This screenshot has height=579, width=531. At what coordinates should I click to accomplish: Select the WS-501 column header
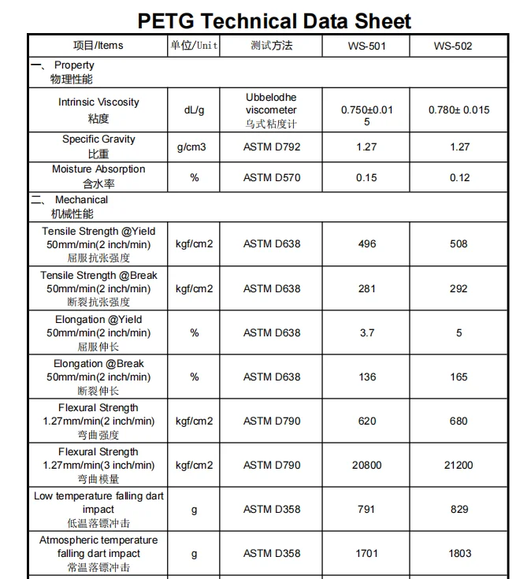[x=366, y=46]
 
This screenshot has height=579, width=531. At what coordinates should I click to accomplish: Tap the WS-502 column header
[x=453, y=46]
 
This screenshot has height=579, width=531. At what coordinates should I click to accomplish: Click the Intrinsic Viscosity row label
[x=98, y=109]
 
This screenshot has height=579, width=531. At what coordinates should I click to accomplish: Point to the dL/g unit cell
[x=194, y=109]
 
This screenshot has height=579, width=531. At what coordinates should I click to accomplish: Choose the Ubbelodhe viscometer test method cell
[x=272, y=110]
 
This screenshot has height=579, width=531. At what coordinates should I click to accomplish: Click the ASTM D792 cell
[x=272, y=147]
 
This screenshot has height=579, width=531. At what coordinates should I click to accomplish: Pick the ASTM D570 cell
[x=272, y=177]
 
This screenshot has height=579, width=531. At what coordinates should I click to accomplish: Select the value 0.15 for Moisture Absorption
[x=366, y=177]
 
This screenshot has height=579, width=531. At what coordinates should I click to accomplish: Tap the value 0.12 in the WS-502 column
[x=459, y=177]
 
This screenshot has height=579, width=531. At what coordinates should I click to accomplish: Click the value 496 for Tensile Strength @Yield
[x=366, y=244]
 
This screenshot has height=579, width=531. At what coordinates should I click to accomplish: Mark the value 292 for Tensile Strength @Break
[x=459, y=288]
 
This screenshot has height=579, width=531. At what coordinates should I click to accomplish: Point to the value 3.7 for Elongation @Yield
[x=366, y=332]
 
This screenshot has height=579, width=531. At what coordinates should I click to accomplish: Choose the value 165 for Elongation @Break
[x=459, y=377]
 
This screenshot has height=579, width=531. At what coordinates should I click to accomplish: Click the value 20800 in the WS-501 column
[x=366, y=465]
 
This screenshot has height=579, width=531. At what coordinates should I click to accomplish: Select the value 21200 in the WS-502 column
[x=459, y=465]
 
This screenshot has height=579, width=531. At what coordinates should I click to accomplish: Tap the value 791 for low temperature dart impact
[x=366, y=510]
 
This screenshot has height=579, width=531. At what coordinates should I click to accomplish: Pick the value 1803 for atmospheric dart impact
[x=459, y=553]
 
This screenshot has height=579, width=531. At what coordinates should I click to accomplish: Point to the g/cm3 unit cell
[x=194, y=147]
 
